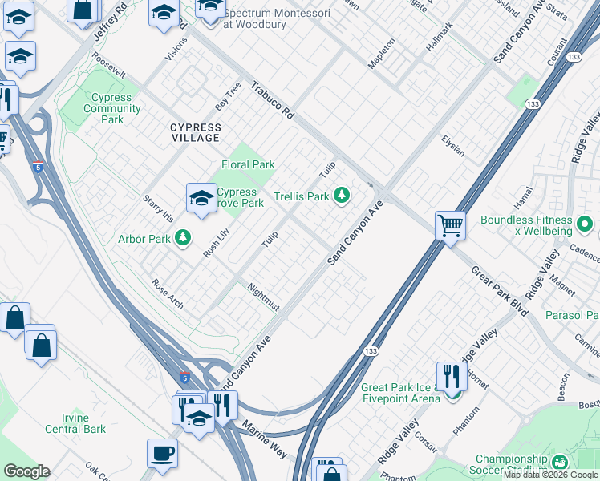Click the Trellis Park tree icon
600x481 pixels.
click(342, 195)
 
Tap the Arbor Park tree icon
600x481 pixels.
click(183, 237)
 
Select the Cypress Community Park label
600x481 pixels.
click(112, 108)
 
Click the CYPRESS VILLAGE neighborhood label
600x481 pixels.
click(195, 132)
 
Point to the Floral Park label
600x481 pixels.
click(248, 164)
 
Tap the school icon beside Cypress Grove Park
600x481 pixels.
click(201, 196)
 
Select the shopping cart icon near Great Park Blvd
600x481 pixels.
click(450, 224)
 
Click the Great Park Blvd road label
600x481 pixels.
click(499, 290)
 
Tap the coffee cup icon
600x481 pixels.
click(162, 453)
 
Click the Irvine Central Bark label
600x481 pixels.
click(84, 423)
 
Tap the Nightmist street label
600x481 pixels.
click(263, 297)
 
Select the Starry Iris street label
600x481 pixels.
click(157, 208)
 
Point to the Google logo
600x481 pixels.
click(26, 471)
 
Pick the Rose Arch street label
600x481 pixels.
click(168, 293)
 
